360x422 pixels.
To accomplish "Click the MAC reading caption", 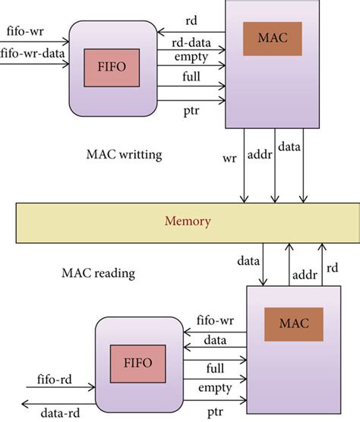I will pyautogui.click(x=95, y=269).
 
